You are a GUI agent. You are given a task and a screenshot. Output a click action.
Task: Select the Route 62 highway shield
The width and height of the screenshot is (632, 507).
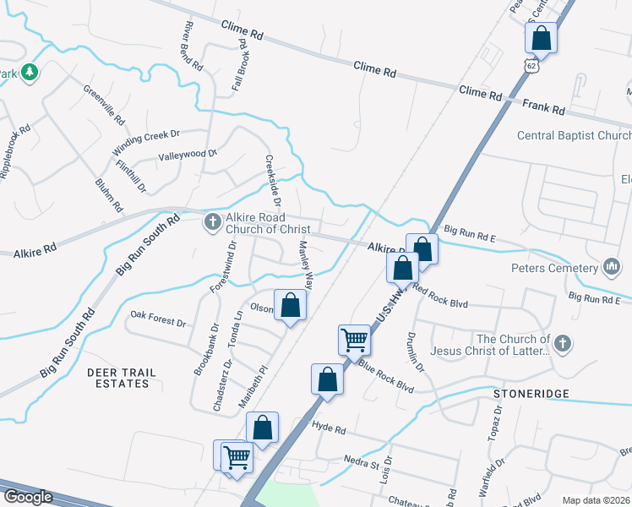531,65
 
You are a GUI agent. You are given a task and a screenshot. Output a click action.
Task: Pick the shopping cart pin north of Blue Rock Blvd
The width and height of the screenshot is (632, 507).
354,340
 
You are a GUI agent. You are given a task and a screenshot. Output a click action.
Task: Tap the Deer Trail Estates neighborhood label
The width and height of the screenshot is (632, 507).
117,377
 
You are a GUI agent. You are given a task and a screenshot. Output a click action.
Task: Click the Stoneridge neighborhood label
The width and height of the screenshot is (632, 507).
531,394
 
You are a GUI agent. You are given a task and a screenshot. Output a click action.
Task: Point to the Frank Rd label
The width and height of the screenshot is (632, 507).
544,108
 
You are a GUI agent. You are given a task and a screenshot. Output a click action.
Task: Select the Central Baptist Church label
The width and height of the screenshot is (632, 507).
574,136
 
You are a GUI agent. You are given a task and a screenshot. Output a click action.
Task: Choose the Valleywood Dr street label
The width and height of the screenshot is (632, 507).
188,155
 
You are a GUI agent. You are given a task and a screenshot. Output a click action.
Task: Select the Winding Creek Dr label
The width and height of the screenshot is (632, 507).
146,141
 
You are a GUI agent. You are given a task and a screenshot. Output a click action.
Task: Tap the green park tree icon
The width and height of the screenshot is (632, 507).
30,73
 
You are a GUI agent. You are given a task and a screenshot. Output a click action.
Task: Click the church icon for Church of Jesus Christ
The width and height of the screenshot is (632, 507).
563,343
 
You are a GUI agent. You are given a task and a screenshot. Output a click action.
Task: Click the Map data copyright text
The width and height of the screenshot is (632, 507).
595,500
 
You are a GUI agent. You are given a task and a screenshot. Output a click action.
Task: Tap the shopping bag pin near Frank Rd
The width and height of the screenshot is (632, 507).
541,39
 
